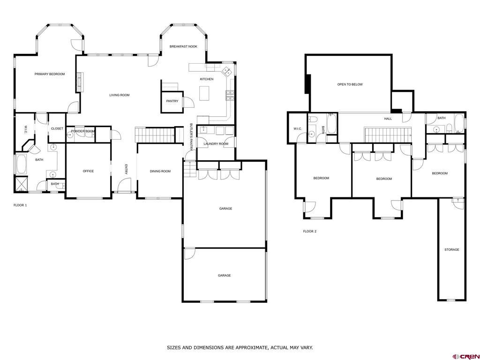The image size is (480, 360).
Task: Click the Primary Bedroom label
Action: (x=50, y=74)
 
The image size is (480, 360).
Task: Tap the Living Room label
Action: (x=120, y=95)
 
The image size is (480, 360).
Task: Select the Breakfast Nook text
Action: (x=183, y=46)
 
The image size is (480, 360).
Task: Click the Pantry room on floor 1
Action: (x=172, y=102)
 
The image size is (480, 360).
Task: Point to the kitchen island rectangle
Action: (x=204, y=93)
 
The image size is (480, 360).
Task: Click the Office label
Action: (x=88, y=171)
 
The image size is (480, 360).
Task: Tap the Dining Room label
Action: (x=160, y=172)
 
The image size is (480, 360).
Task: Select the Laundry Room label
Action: (x=216, y=144)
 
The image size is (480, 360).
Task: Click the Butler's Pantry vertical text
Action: (x=191, y=137)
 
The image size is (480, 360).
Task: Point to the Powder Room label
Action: (x=83, y=131)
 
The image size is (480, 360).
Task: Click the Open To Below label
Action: (x=350, y=84)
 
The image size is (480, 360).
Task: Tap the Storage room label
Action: (x=452, y=250)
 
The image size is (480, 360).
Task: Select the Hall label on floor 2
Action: (x=388, y=119)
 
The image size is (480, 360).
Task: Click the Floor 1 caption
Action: (x=20, y=205)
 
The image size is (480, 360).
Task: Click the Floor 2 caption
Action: (x=310, y=232)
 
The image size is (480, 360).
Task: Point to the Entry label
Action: (x=126, y=170)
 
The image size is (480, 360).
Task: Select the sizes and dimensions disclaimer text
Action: (x=240, y=348)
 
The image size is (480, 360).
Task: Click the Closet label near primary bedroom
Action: (x=57, y=128)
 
